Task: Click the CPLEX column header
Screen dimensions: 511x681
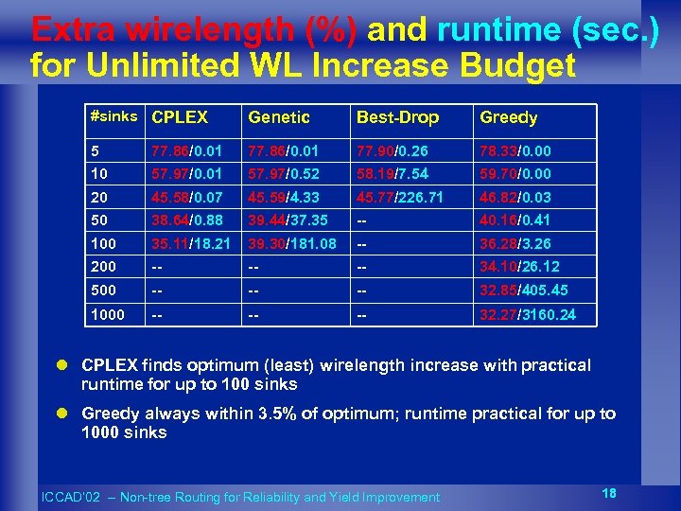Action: (x=180, y=117)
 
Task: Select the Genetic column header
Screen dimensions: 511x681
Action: (x=278, y=117)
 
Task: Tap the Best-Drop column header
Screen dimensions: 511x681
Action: (x=397, y=117)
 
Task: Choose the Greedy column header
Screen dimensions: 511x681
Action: (x=508, y=117)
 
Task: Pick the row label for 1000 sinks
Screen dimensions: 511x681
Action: (x=108, y=314)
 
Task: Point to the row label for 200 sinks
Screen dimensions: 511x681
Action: (x=104, y=267)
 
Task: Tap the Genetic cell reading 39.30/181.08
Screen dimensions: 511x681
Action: (x=292, y=244)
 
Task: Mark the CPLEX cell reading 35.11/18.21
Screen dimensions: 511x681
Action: (x=191, y=244)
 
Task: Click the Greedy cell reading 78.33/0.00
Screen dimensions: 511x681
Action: (x=515, y=151)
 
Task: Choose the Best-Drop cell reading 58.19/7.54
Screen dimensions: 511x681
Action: (x=393, y=174)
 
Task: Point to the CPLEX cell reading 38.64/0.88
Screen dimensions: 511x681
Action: (x=186, y=220)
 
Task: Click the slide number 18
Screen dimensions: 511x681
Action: (x=611, y=491)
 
